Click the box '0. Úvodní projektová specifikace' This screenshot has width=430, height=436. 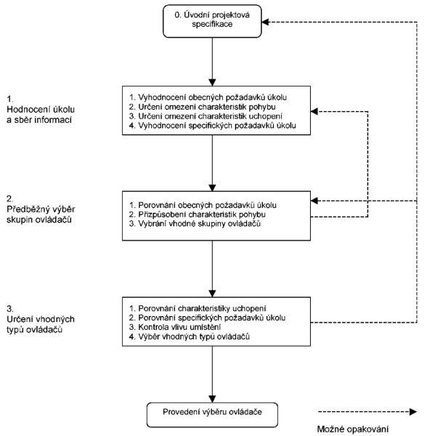coord(212,21)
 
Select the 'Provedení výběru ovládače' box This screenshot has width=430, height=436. coord(212,415)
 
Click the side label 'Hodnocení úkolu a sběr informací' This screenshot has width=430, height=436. coord(41,114)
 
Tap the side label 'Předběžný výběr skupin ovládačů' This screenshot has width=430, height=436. coord(41,214)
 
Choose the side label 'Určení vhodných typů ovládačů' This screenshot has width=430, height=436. coord(41,324)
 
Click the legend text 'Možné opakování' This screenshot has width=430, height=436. coord(353,429)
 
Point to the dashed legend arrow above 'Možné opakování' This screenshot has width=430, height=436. coord(368,412)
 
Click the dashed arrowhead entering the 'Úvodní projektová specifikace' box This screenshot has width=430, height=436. coord(265,22)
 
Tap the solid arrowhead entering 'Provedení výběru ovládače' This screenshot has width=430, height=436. coord(212,399)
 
